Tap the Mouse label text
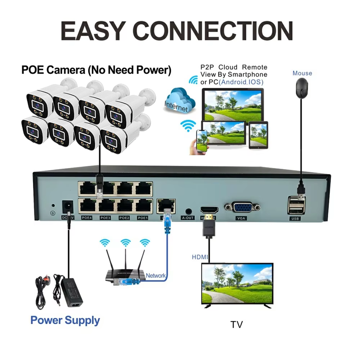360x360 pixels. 302,73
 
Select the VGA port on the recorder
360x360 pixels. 242,208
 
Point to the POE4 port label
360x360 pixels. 87,218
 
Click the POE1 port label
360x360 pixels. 142,218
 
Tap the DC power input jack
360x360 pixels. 67,207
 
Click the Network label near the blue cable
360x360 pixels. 156,276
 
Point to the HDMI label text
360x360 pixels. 199,257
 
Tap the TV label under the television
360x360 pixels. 237,324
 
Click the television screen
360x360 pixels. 237,283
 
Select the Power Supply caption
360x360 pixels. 65,320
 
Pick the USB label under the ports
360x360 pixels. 295,219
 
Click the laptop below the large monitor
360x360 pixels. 224,134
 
